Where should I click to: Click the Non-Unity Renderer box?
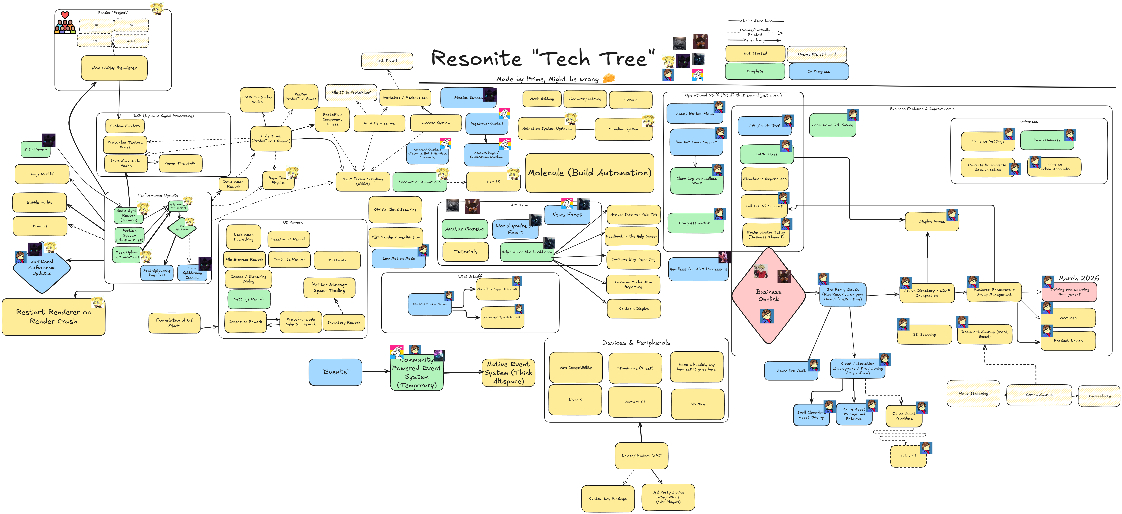click(x=114, y=68)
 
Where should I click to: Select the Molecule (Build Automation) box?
click(x=589, y=173)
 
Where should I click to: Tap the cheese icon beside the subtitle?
click(x=608, y=78)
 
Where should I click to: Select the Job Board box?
click(x=387, y=61)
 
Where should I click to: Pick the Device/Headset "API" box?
click(x=641, y=456)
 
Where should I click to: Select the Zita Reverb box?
click(x=36, y=149)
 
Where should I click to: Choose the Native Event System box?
click(x=508, y=373)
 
